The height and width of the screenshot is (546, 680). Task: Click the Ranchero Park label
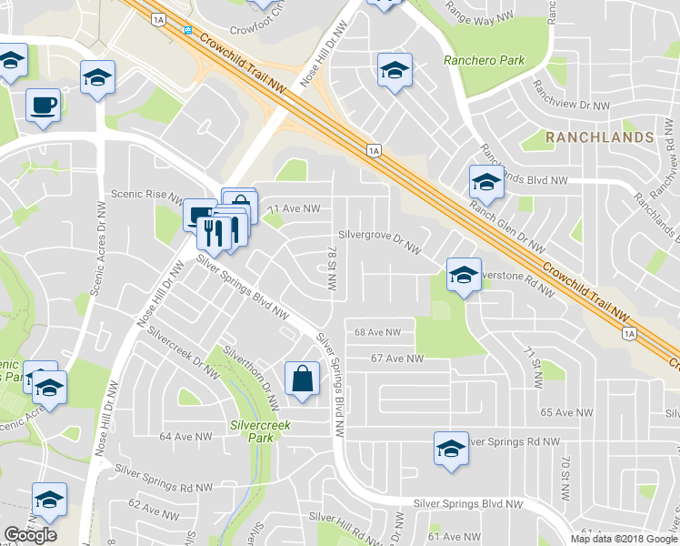point(484,61)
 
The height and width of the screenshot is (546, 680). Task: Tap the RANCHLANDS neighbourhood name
point(599,137)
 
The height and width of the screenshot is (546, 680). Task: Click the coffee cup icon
point(44,107)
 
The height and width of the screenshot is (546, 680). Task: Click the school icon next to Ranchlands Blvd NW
point(486,183)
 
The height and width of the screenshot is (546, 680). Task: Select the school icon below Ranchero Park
point(395,70)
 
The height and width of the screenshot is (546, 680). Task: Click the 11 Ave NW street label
point(294,208)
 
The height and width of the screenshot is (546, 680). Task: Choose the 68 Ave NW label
point(378,333)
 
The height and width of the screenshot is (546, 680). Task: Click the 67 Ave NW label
point(397,359)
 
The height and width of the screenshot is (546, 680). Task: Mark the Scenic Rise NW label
point(147,194)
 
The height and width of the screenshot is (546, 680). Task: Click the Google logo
point(30,535)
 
